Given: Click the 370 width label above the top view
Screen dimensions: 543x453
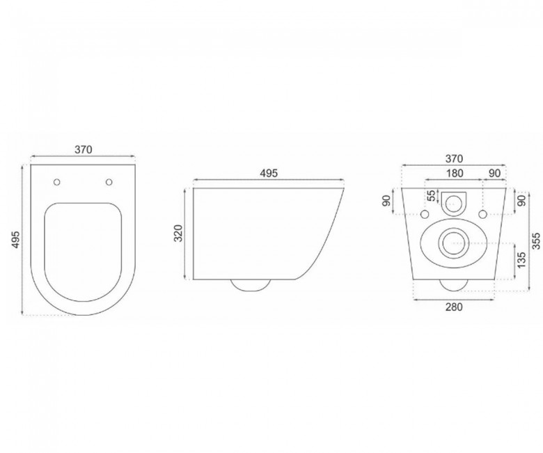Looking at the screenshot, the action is coord(84,150).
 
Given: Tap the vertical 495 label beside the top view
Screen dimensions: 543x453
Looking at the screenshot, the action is coord(15,240).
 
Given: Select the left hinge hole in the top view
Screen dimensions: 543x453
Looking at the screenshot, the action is coord(57,182).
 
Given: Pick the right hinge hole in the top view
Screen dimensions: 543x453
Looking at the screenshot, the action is coord(109,182).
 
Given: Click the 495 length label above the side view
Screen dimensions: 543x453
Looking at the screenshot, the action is coord(269,173).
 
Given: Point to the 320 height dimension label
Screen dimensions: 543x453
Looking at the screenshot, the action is coord(178,233).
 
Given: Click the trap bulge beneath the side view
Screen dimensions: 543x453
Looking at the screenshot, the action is coord(251,284).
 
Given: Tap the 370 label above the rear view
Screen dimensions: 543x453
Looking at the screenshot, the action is coord(454,159).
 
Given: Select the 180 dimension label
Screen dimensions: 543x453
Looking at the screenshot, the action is coord(454,173).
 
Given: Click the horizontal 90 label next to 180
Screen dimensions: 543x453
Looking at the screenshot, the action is coord(494,173).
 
